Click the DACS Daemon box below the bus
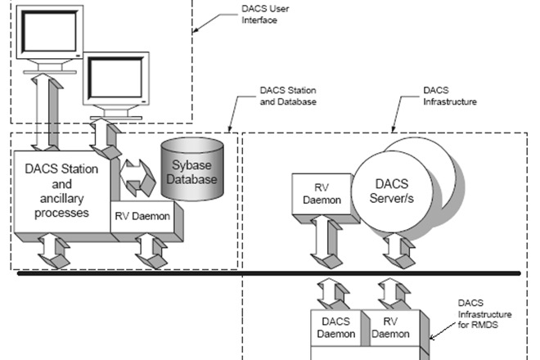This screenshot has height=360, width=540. (x=337, y=327)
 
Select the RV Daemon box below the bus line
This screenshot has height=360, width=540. (x=388, y=327)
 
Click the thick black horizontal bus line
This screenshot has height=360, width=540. (x=270, y=272)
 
